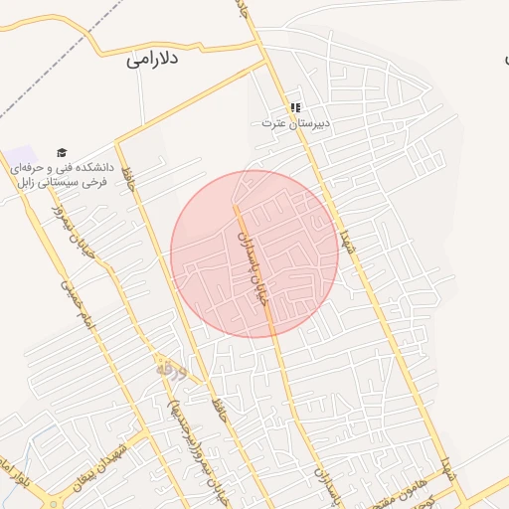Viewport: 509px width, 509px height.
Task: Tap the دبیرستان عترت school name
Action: point(294,123)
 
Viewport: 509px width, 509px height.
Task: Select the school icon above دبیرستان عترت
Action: point(294,107)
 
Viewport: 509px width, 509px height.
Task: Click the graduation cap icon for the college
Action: point(62,153)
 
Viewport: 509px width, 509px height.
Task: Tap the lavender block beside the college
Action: point(20,159)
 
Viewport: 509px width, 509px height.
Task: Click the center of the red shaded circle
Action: point(254,254)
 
